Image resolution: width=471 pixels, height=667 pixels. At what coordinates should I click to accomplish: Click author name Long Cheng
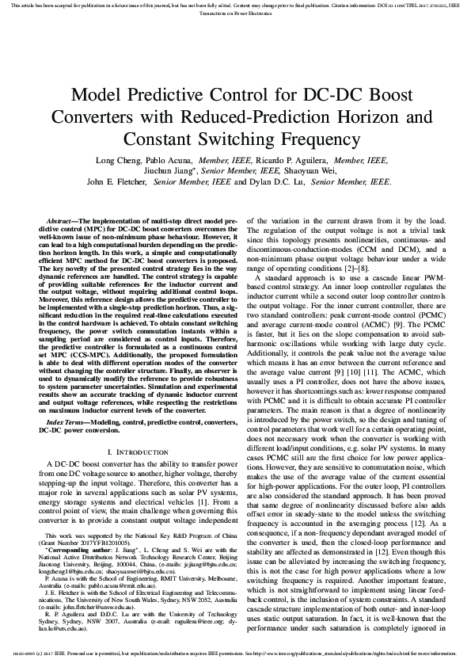point(116,159)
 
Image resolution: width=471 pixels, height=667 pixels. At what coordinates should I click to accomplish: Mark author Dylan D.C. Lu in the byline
point(281,181)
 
